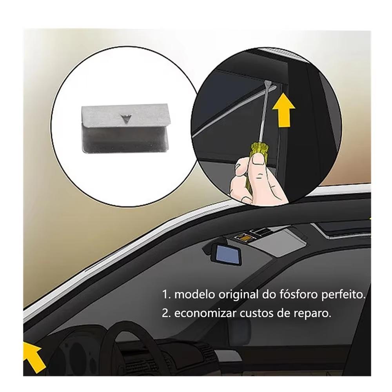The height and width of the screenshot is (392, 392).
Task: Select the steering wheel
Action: [x=118, y=345]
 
